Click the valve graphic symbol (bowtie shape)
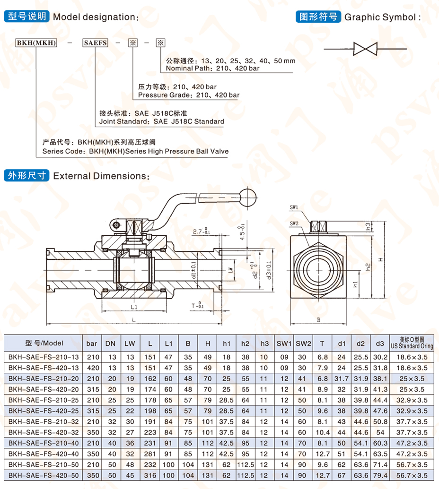pos(365,49)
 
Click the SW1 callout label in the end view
pos(293,207)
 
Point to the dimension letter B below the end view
pos(318,320)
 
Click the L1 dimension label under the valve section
pos(133,307)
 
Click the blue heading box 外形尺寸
pos(26,176)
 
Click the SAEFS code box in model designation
pos(95,43)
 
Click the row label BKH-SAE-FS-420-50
pos(42,474)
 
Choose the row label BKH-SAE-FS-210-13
pos(42,357)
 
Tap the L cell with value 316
pos(149,474)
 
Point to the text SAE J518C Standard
pos(188,121)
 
